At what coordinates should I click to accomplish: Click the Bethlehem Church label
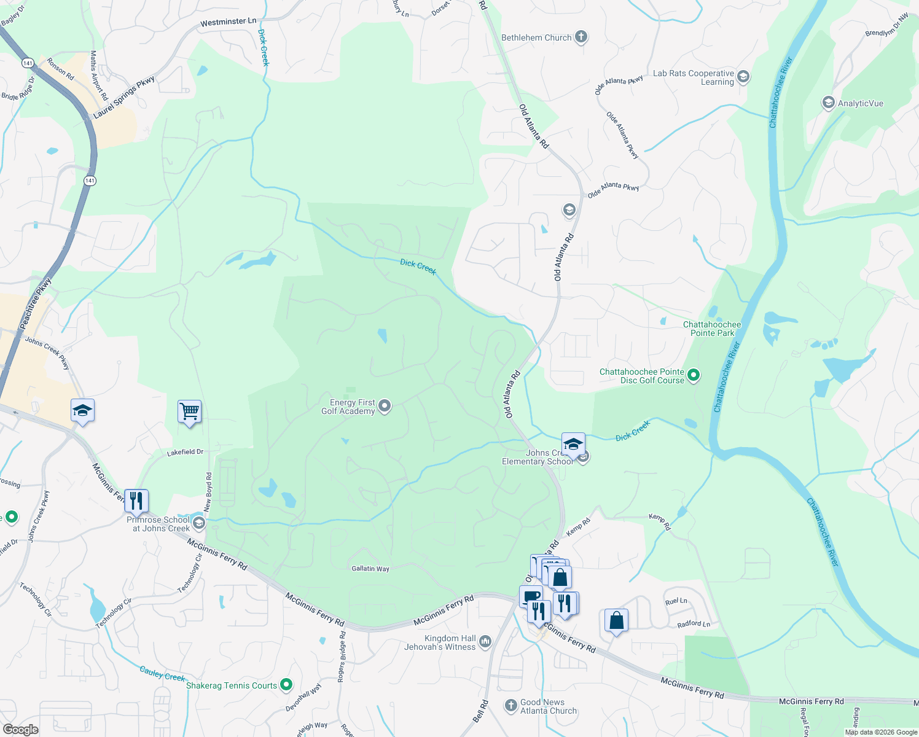point(536,37)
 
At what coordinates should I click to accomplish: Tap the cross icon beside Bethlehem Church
point(581,37)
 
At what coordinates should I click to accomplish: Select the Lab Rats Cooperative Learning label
point(694,77)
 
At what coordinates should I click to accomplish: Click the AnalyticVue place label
point(860,103)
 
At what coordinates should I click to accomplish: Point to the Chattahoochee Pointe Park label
point(712,329)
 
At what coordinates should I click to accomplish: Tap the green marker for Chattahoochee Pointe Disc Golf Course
point(694,375)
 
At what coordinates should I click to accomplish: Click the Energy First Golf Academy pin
point(385,406)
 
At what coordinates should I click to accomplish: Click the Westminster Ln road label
point(228,22)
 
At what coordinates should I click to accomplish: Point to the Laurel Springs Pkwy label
point(124,98)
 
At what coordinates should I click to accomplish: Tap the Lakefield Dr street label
point(185,453)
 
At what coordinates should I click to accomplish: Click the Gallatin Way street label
point(370,569)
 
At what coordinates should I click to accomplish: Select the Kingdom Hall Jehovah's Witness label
point(440,642)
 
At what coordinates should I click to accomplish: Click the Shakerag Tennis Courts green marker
point(286,684)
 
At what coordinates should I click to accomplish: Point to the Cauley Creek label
point(162,674)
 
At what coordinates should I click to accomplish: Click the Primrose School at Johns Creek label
point(158,524)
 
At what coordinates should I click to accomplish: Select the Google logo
point(20,730)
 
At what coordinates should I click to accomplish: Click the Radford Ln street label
point(694,624)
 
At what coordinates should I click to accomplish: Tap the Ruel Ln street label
point(676,601)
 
